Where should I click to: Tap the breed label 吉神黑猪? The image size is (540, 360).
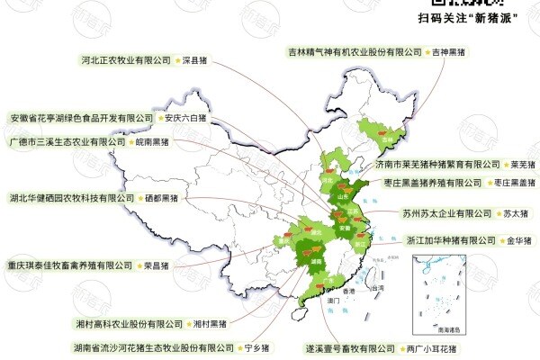tap(450, 53)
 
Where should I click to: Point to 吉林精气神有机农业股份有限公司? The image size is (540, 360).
tap(355, 53)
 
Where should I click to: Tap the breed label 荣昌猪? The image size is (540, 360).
tap(156, 266)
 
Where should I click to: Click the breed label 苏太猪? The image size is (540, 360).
tap(516, 214)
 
